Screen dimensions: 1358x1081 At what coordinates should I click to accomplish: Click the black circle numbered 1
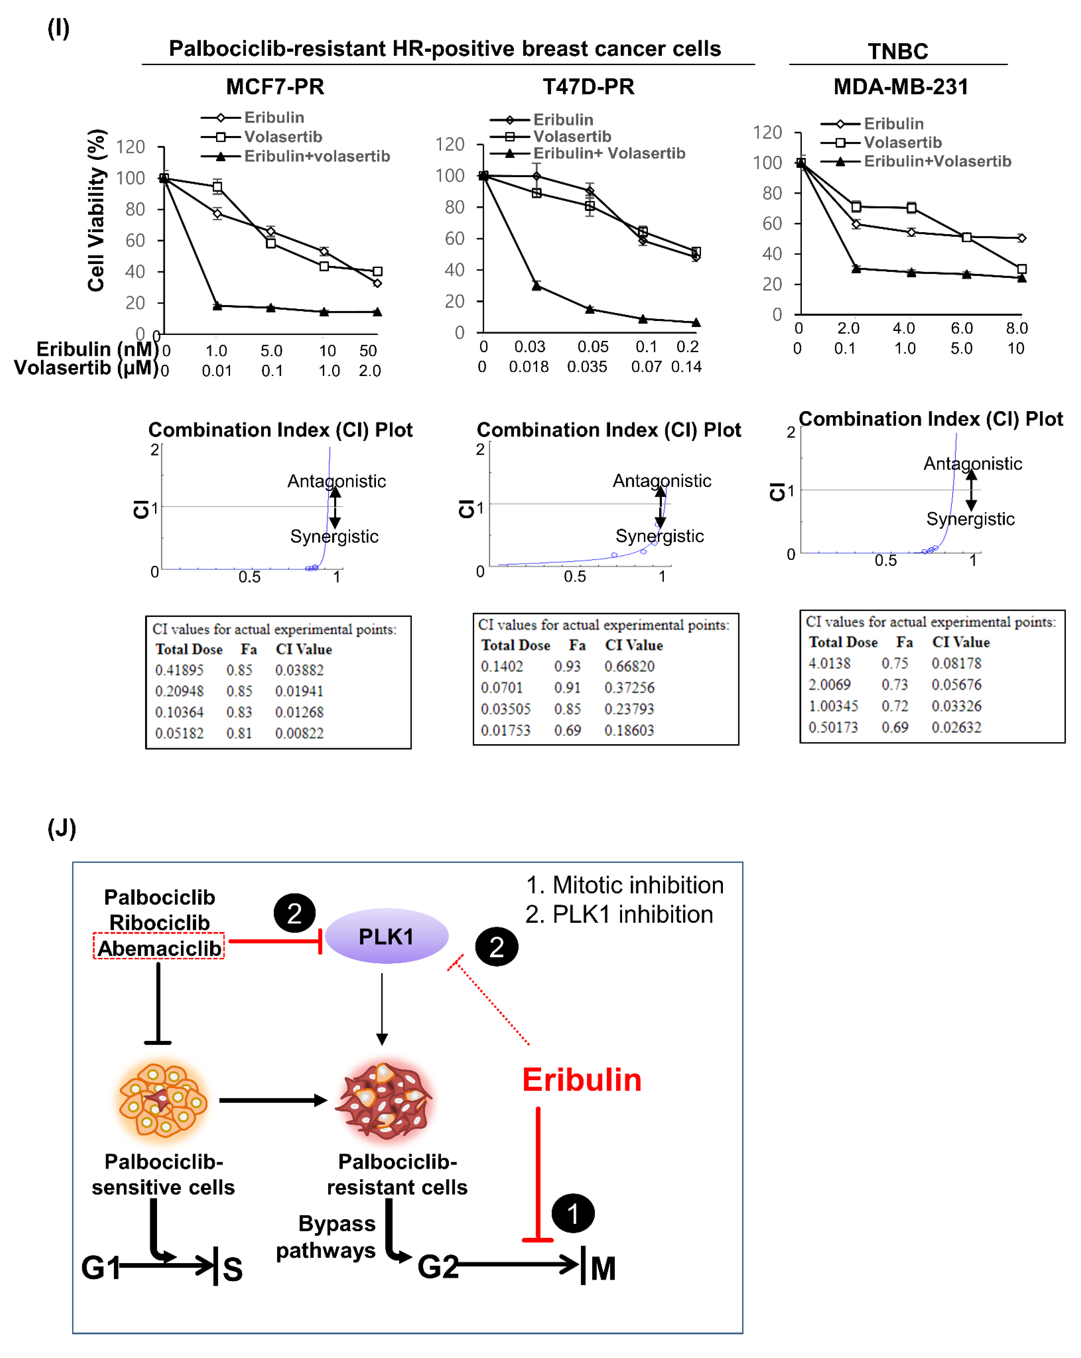[x=573, y=1213]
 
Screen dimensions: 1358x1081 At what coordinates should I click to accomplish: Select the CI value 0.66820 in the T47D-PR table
[x=629, y=666]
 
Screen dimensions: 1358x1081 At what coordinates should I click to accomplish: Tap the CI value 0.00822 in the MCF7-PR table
[x=299, y=733]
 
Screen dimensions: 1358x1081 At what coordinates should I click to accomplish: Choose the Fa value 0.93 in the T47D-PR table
[x=567, y=666]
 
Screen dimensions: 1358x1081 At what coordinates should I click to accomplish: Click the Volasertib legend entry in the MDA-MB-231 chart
[x=902, y=142]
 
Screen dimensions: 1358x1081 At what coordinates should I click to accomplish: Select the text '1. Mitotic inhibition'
[x=624, y=885]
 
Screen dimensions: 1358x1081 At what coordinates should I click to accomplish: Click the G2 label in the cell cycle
[x=438, y=1267]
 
